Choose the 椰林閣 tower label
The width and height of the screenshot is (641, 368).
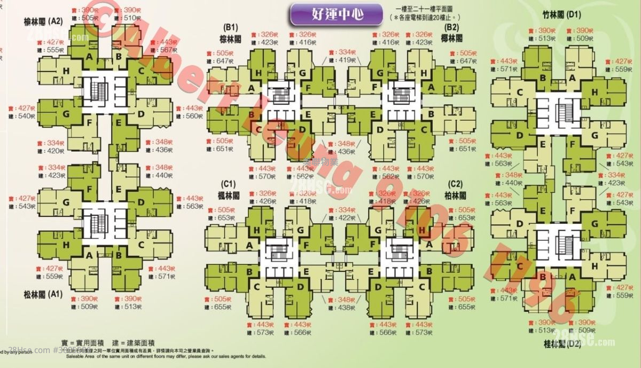click(x=452, y=38)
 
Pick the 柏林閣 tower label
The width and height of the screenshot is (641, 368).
click(x=455, y=196)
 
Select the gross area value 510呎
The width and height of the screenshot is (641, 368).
click(x=131, y=18)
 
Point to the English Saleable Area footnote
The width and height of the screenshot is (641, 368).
click(x=166, y=356)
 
